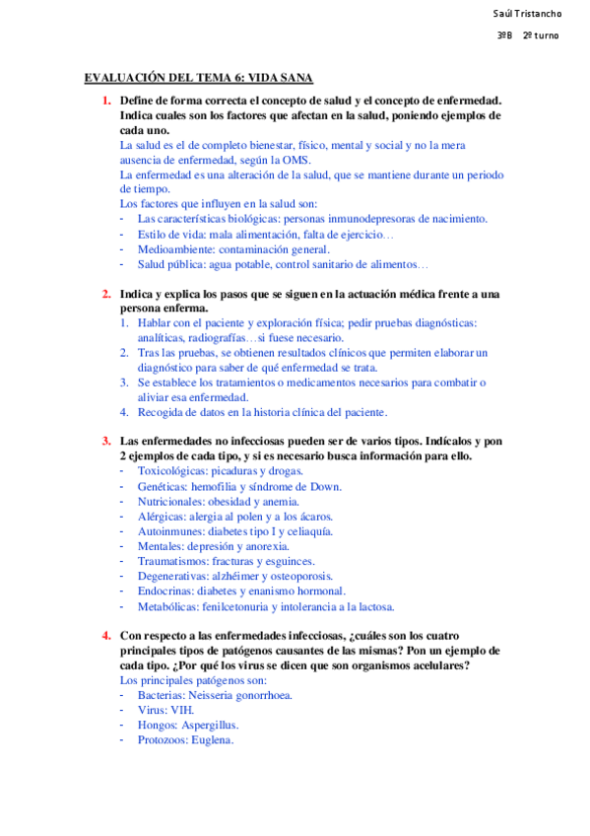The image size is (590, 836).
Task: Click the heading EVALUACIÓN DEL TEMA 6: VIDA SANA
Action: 199,78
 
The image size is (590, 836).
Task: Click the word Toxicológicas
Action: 175,471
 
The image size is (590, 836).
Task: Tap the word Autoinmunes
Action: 169,530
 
